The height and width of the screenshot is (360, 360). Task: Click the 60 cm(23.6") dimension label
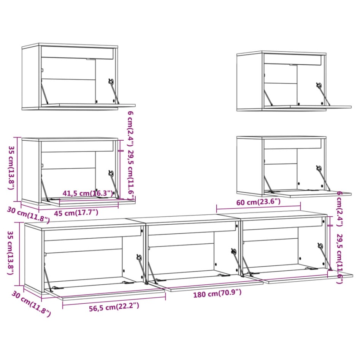point(258,202)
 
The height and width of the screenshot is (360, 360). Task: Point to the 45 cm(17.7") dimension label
point(76,213)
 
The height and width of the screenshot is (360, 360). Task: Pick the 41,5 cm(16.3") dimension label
point(88,193)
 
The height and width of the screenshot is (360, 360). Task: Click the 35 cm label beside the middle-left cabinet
point(12,168)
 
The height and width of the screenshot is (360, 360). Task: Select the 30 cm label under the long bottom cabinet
point(30,303)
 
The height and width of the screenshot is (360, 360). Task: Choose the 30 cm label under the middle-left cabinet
point(28,214)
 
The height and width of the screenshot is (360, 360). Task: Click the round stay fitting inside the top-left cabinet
point(111,81)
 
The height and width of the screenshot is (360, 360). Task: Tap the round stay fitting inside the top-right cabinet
point(319,86)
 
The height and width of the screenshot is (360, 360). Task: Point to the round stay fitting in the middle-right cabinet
point(319,168)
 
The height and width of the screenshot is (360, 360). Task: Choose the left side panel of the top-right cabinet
point(249,81)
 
